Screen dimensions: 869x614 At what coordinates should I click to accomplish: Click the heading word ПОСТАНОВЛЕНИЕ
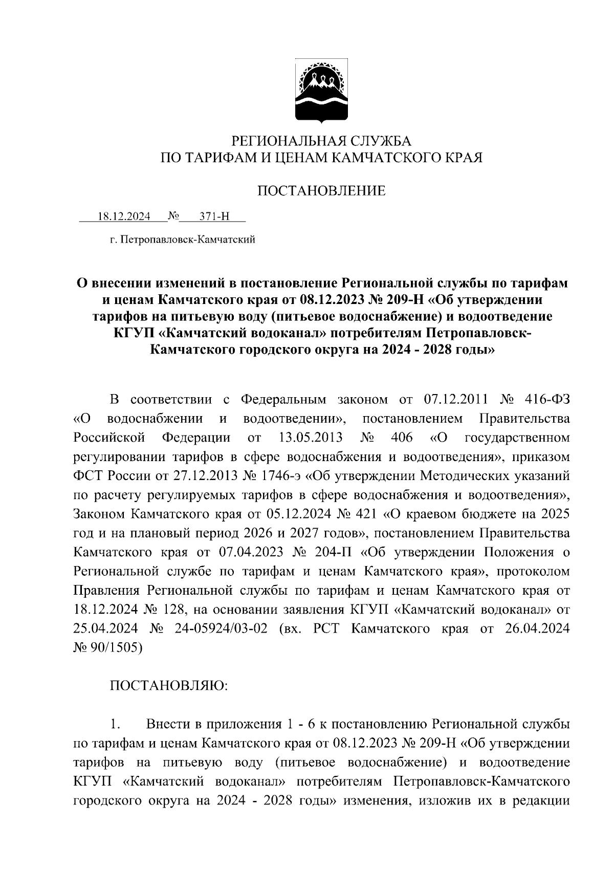321,191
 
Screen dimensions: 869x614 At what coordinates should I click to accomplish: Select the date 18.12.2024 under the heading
124,216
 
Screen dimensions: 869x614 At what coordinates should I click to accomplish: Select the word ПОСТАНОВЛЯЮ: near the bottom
169,686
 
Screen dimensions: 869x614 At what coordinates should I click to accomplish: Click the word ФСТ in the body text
89,476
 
